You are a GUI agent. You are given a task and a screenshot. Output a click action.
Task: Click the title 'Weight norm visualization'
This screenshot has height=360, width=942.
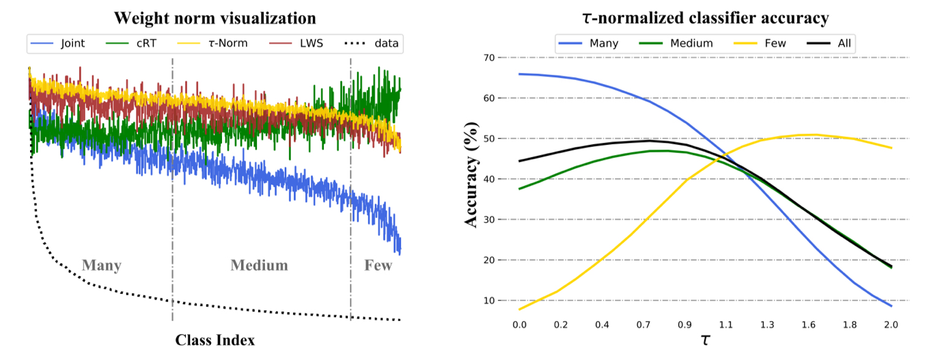pyautogui.click(x=214, y=17)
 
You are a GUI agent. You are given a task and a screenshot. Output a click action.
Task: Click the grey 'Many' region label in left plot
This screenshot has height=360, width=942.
pyautogui.click(x=101, y=265)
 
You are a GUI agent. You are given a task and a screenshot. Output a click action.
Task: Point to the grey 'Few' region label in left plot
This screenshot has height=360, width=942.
pyautogui.click(x=378, y=265)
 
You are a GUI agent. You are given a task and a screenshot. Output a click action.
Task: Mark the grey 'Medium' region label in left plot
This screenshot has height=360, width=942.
pyautogui.click(x=259, y=265)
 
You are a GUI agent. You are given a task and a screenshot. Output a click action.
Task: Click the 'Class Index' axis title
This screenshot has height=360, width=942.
pyautogui.click(x=214, y=340)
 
